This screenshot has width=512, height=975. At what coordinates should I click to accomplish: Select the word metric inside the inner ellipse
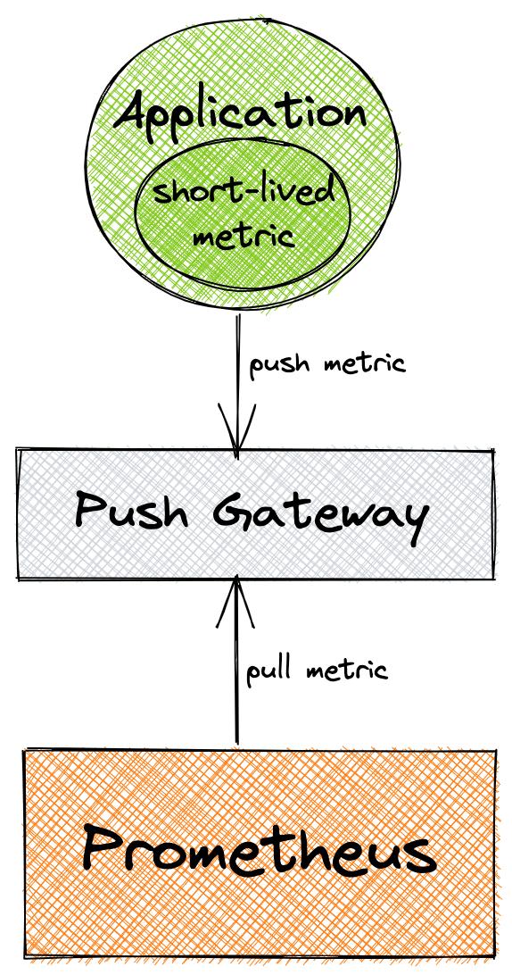[244, 237]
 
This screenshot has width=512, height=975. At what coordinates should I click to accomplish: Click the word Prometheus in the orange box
[259, 849]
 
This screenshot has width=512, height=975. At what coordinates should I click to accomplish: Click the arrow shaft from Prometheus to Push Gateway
[237, 679]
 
